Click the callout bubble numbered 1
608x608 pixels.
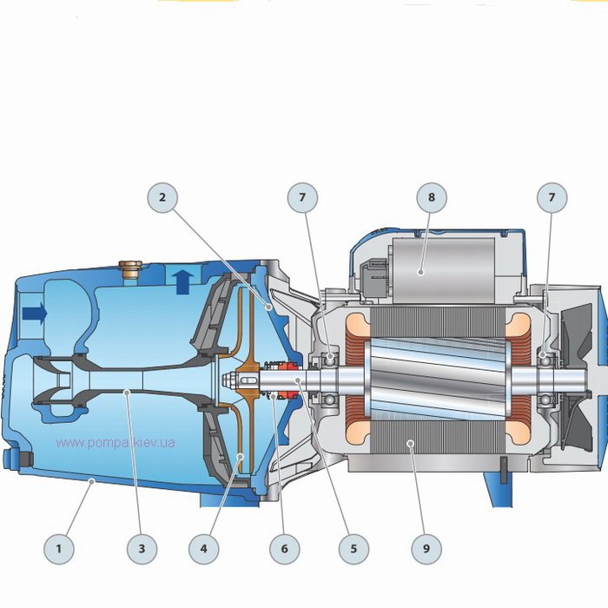pyautogui.click(x=59, y=549)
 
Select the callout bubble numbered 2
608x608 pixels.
pyautogui.click(x=162, y=197)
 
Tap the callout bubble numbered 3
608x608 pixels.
pyautogui.click(x=142, y=549)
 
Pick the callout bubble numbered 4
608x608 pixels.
pyautogui.click(x=204, y=549)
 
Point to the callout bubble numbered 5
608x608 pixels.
pyautogui.click(x=354, y=549)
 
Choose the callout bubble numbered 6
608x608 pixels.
pyautogui.click(x=285, y=549)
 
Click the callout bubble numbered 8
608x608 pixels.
pyautogui.click(x=432, y=197)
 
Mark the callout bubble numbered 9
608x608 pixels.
pyautogui.click(x=426, y=549)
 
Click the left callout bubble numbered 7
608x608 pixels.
pyautogui.click(x=302, y=197)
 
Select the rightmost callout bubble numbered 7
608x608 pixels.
pyautogui.click(x=552, y=197)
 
